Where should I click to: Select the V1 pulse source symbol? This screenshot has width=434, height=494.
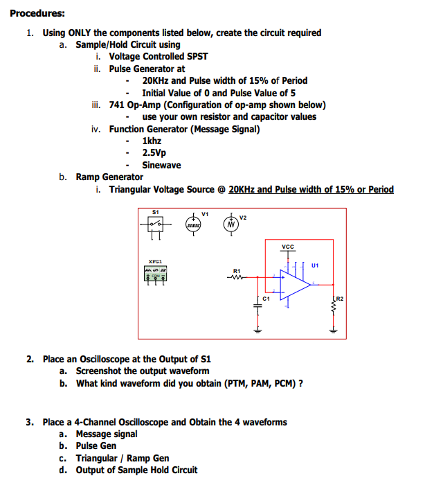(x=195, y=224)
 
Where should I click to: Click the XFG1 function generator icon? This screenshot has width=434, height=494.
(x=156, y=276)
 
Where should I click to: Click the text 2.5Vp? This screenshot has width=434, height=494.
(x=154, y=152)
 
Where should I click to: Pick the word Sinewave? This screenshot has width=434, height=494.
(x=161, y=165)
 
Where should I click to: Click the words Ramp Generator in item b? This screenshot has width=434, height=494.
(x=109, y=177)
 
